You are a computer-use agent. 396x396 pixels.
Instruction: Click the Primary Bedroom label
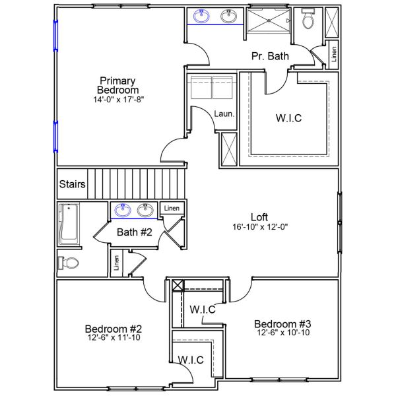(118, 85)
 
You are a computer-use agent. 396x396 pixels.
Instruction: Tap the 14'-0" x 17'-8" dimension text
(118, 100)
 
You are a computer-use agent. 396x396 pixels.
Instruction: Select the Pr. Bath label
(270, 57)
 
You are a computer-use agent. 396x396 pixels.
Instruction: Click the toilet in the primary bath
(308, 21)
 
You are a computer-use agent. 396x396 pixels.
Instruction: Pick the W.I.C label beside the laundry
(288, 119)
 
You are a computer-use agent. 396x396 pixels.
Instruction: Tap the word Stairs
(72, 184)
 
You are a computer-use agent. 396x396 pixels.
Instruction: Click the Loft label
(259, 216)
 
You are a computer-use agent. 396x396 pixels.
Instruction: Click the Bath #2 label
(135, 232)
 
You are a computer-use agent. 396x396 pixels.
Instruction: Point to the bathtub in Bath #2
(67, 224)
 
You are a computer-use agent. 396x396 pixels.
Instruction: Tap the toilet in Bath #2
(68, 263)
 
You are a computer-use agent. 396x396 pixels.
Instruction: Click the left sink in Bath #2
(123, 211)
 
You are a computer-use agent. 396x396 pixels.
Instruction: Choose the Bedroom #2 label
(114, 329)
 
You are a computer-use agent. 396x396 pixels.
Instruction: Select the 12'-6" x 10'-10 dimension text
(282, 333)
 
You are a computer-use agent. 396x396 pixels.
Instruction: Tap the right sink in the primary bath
(230, 16)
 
